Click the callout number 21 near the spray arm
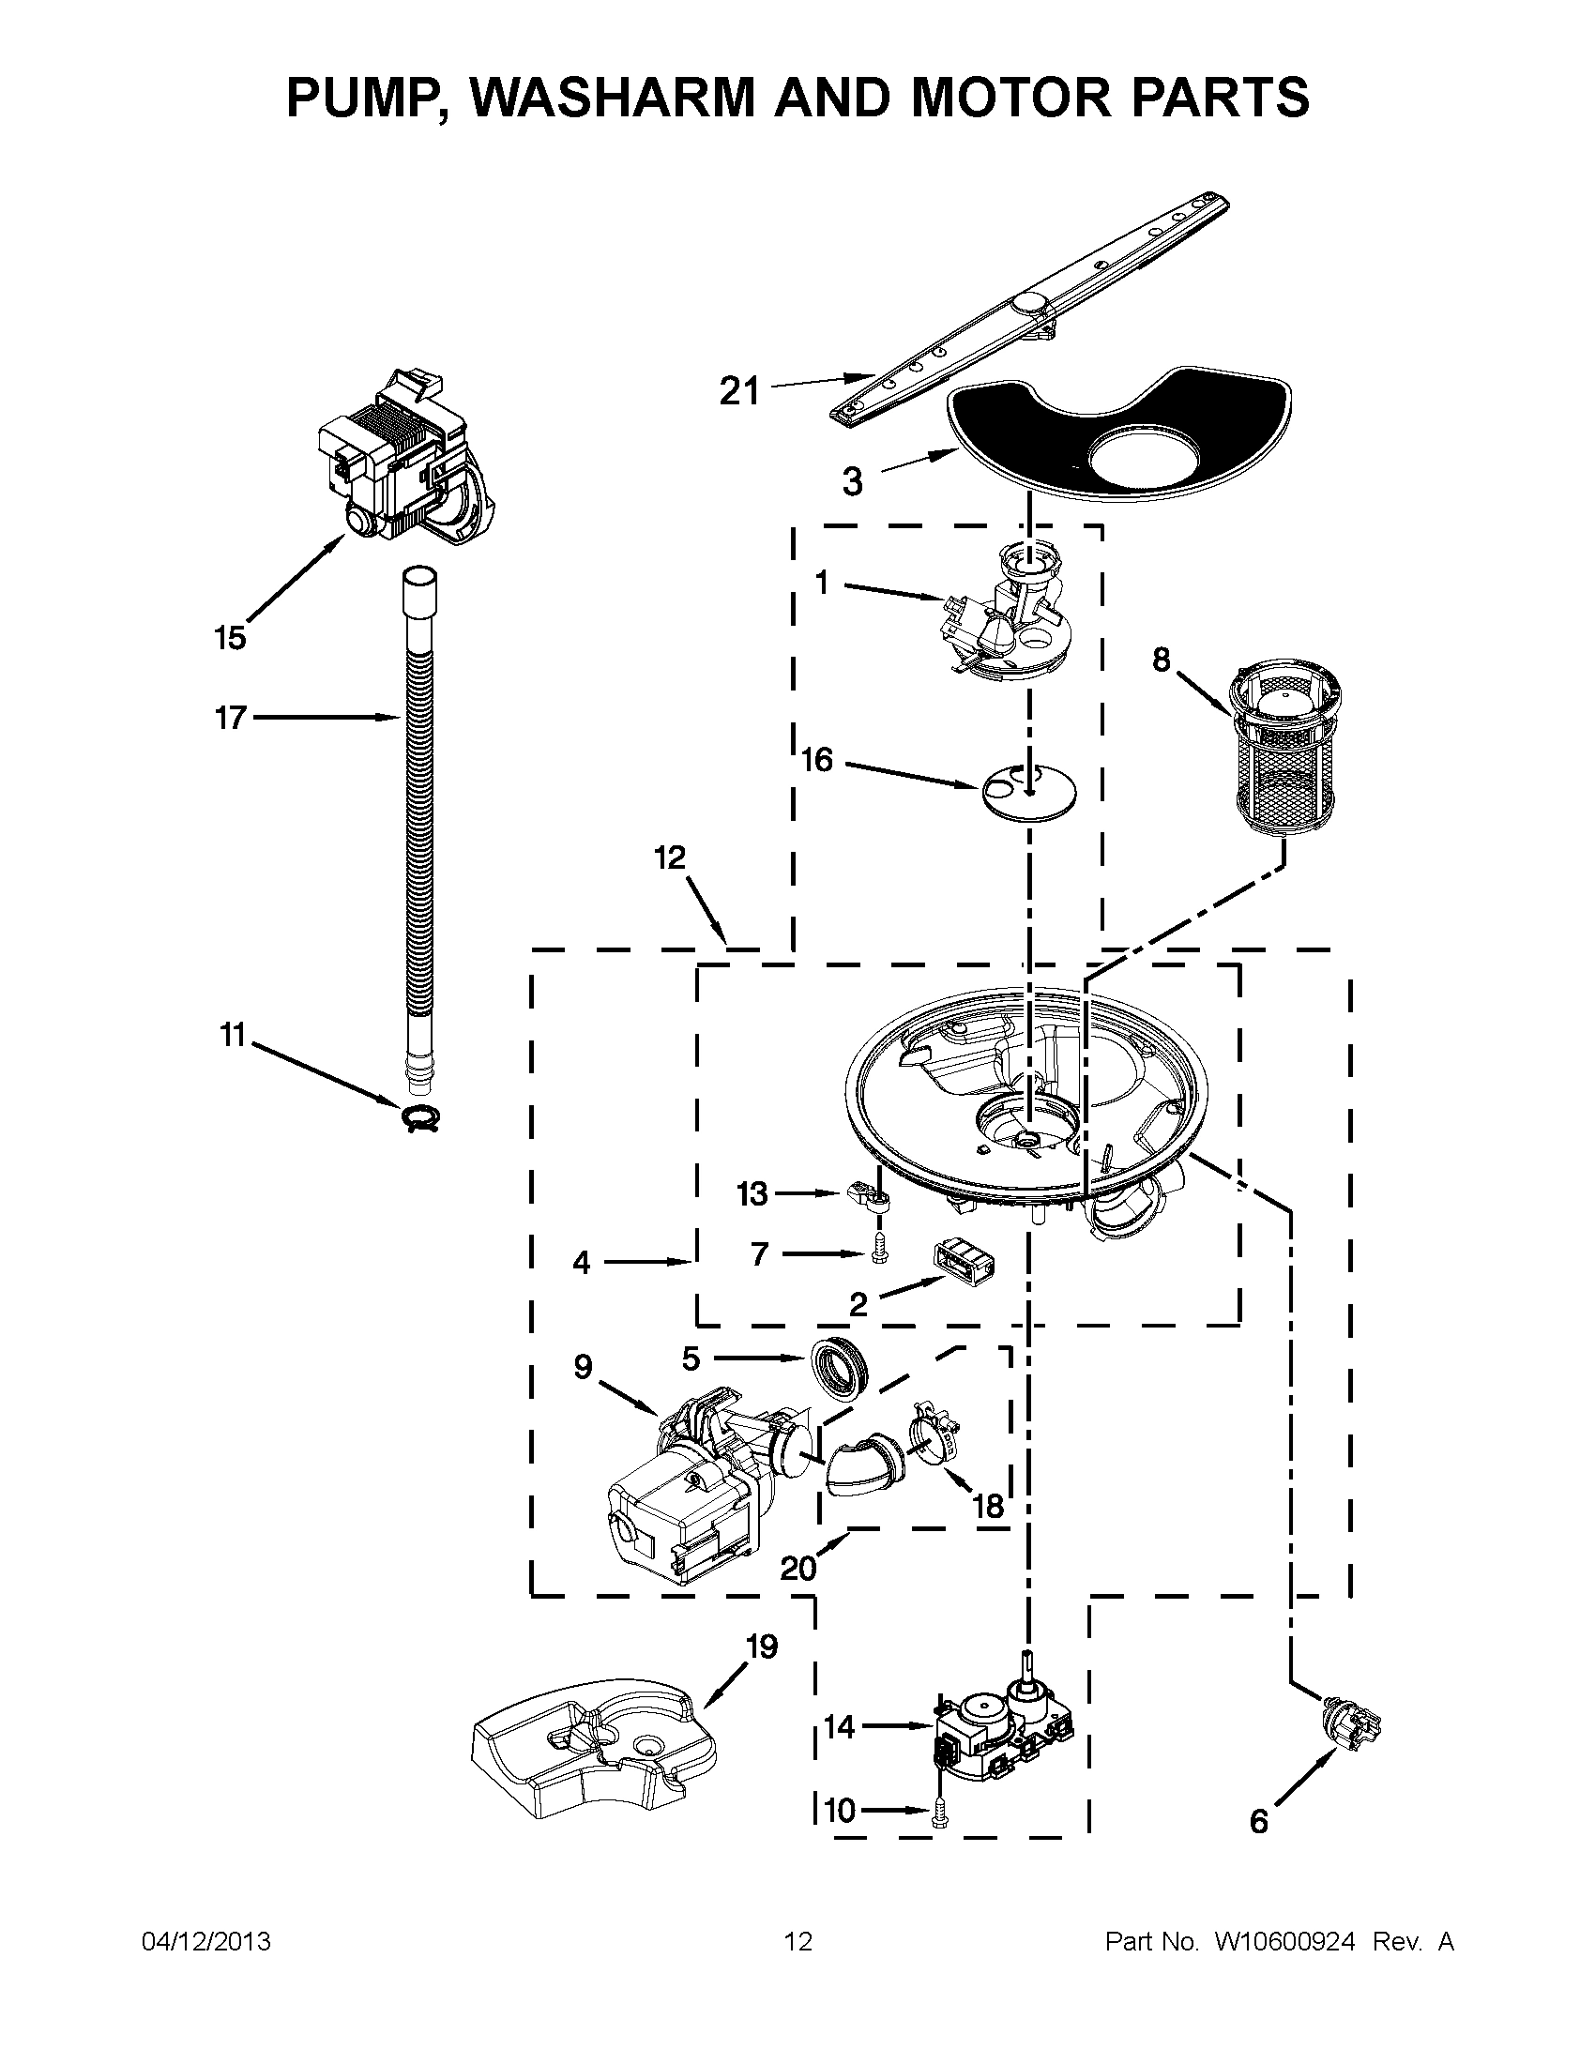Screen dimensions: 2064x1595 point(740,390)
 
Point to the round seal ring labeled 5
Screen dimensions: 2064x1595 point(839,1366)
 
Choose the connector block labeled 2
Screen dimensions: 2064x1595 point(966,1264)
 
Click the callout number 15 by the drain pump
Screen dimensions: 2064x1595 point(230,638)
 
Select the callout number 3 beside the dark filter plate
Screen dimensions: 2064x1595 point(852,482)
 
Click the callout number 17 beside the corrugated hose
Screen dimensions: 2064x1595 point(231,719)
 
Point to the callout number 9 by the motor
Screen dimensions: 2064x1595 point(583,1367)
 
